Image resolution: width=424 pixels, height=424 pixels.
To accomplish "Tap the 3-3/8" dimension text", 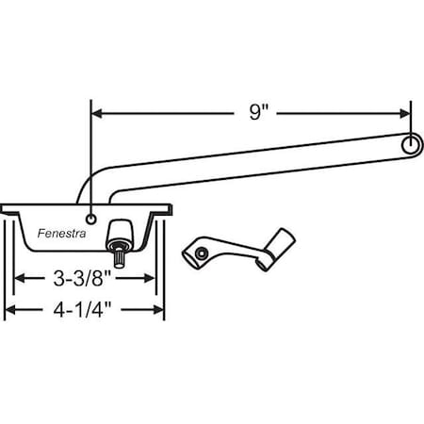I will pyautogui.click(x=83, y=278).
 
